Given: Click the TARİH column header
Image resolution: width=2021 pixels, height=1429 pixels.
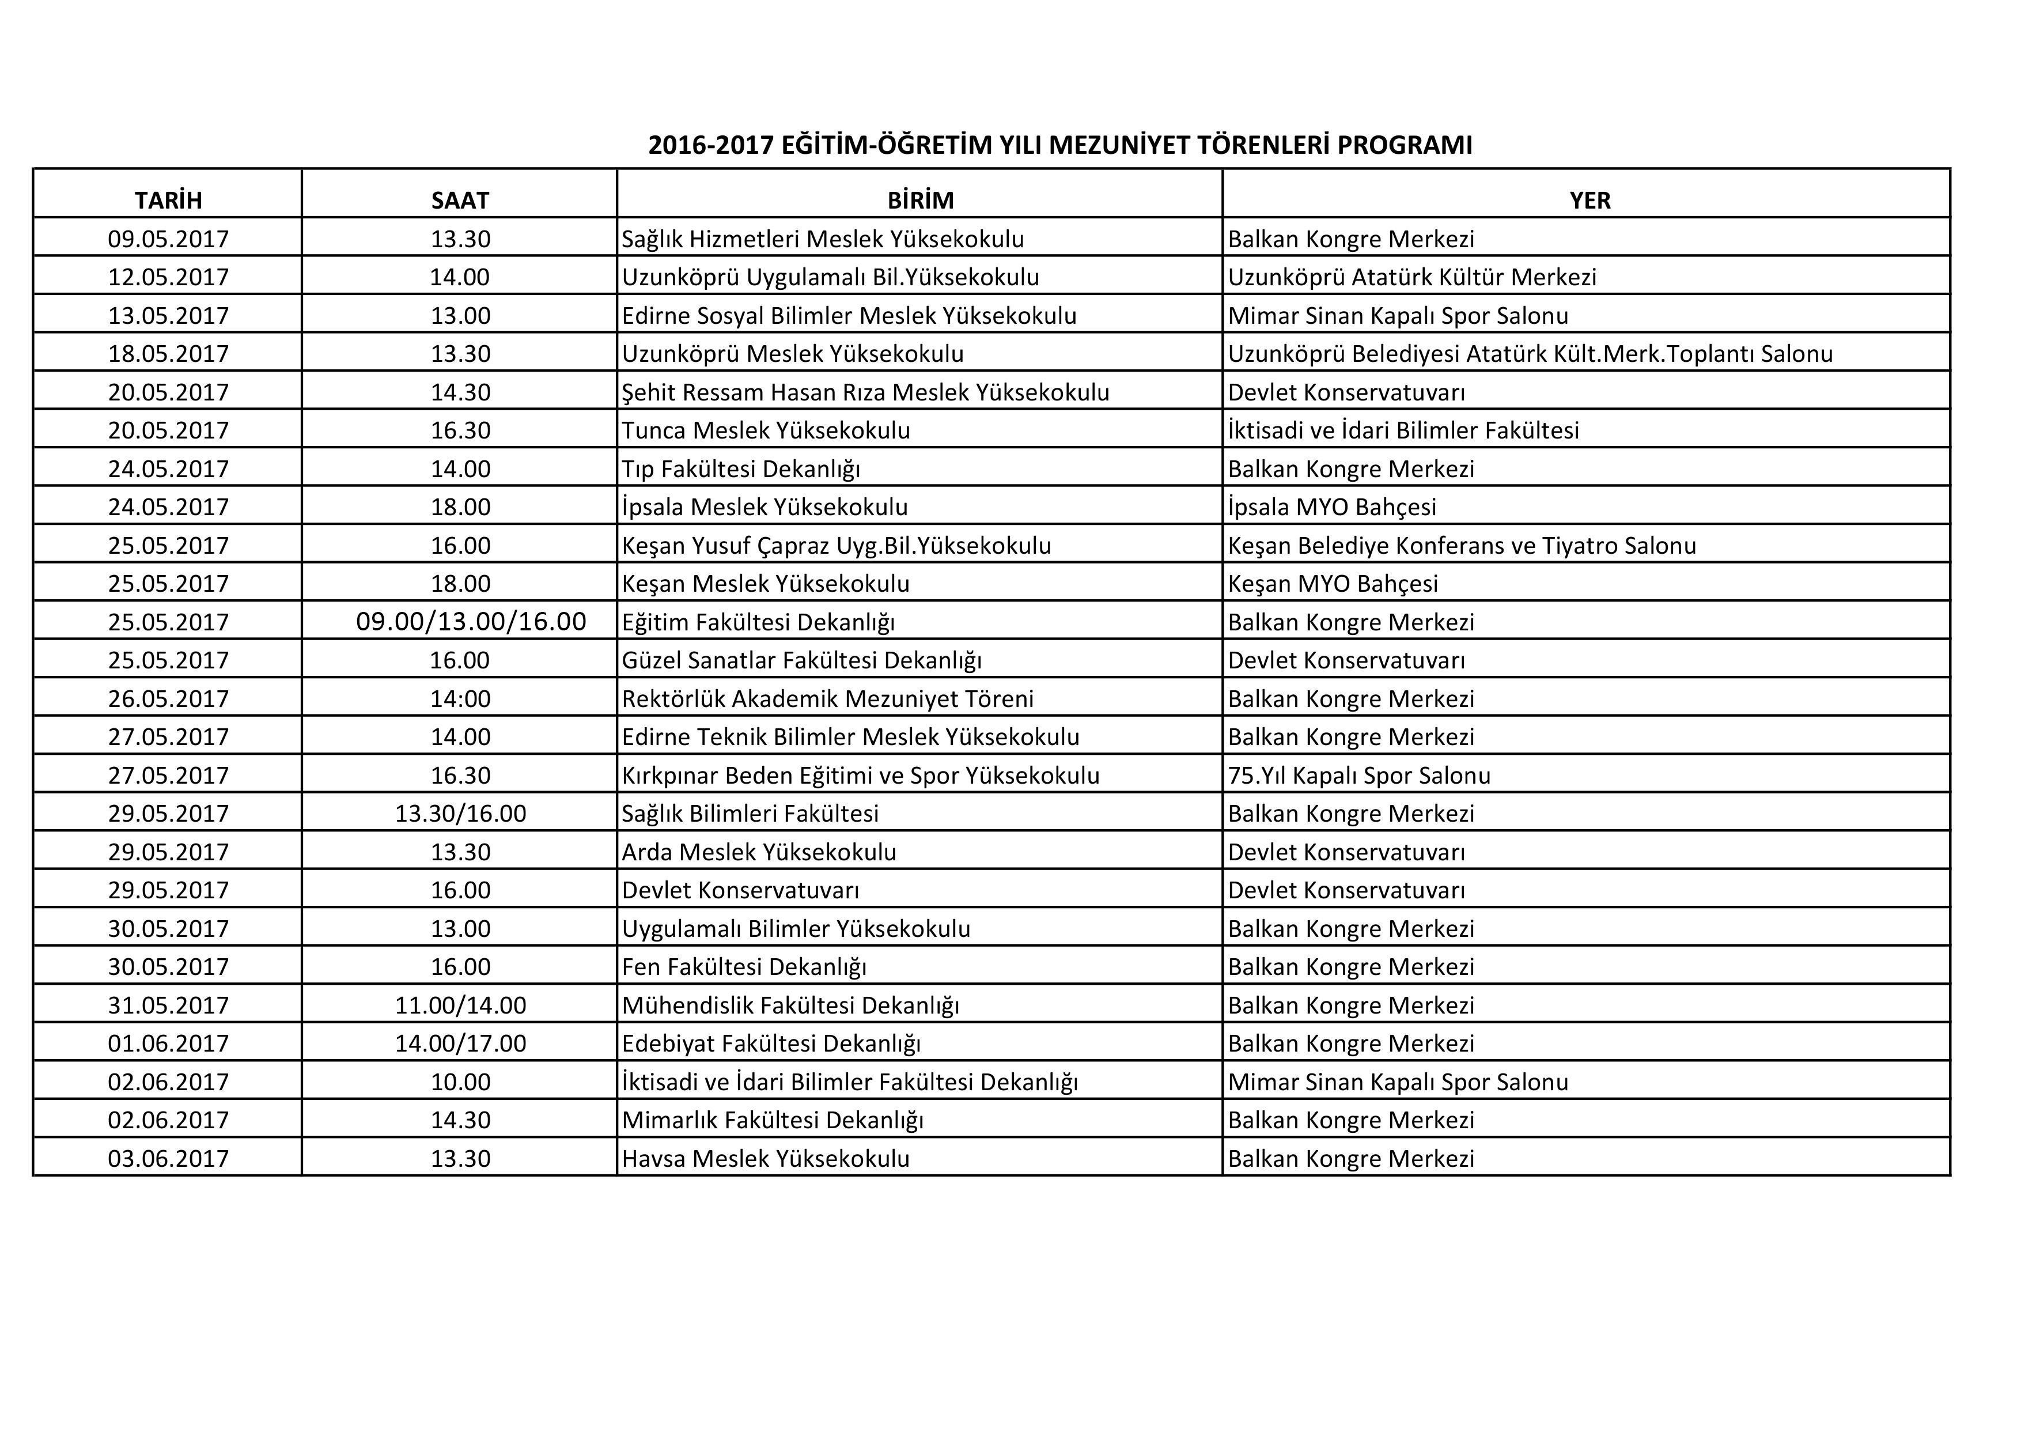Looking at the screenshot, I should click(x=168, y=201).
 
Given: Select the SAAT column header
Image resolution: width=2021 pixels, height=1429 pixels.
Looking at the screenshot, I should click(x=460, y=201).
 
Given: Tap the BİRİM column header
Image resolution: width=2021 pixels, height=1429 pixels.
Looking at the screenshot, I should click(x=920, y=201).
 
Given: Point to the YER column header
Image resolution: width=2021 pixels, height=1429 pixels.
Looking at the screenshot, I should click(x=1589, y=201).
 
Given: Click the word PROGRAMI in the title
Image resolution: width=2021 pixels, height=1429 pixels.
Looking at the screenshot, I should click(x=1405, y=145).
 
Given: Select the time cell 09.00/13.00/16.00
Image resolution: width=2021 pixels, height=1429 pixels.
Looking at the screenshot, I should click(x=471, y=622).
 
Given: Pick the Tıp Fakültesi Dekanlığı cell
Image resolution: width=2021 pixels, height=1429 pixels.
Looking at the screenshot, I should click(x=741, y=469).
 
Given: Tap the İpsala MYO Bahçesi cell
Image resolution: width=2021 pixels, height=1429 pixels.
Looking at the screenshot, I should click(x=1332, y=507).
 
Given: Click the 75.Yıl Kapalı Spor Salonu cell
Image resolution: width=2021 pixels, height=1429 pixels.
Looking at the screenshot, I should click(x=1359, y=776).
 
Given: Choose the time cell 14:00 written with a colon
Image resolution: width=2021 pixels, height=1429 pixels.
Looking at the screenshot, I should click(x=460, y=699).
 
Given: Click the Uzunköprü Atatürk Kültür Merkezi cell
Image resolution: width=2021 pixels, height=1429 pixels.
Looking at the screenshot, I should click(x=1412, y=277).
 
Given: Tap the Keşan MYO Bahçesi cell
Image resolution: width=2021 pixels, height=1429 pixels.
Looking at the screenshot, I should click(x=1333, y=584).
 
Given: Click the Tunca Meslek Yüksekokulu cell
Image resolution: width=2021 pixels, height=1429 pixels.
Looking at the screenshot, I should click(x=766, y=430).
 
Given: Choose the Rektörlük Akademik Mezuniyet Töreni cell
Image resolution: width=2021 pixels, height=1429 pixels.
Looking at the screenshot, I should click(x=827, y=699).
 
